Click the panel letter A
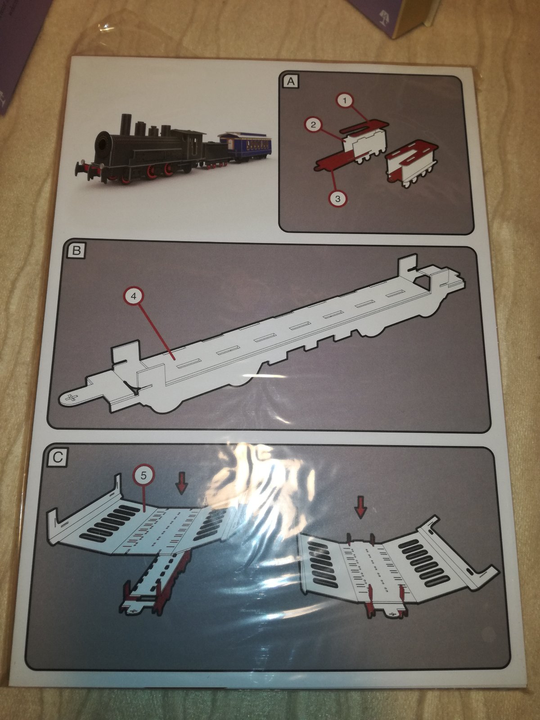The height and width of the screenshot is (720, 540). click(x=291, y=81)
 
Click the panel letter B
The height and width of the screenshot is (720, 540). click(x=76, y=251)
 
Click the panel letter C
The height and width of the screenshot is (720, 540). click(x=58, y=457)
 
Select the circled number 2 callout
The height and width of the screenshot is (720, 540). click(x=313, y=125)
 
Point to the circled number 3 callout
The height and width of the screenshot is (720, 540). click(x=338, y=198)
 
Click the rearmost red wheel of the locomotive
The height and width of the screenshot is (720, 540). click(x=169, y=168)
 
